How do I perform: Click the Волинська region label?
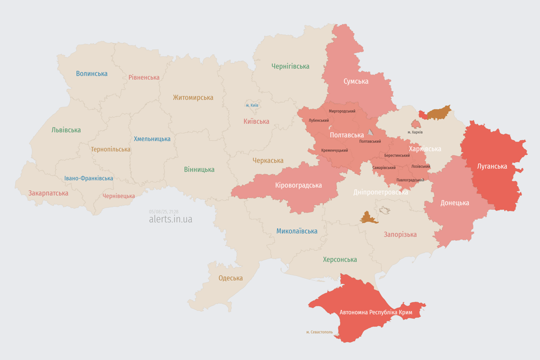[91, 74]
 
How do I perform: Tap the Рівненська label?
[144, 77]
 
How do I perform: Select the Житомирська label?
[193, 97]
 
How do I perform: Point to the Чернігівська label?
[290, 66]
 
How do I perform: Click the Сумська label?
[356, 81]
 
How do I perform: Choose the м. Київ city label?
[252, 105]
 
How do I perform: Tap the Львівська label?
[66, 130]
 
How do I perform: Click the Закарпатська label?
[48, 193]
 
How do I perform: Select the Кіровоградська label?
[298, 185]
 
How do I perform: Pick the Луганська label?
[492, 166]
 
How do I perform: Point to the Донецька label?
[454, 203]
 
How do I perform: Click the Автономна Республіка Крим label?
[375, 312]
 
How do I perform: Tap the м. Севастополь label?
[319, 332]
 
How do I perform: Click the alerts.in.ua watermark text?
[170, 219]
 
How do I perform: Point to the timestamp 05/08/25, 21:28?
[164, 212]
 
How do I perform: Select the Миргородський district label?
[342, 111]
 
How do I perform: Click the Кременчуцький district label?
[334, 150]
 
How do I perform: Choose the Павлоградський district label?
[410, 180]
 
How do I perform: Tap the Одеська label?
[231, 278]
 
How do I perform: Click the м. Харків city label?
[415, 132]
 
